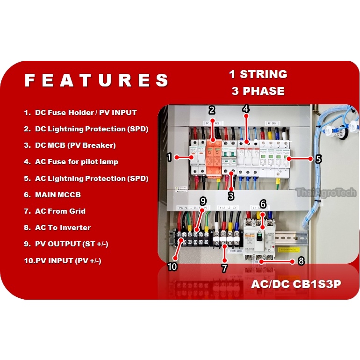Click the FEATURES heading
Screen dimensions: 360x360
(x=96, y=80)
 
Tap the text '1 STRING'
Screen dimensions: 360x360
(x=258, y=74)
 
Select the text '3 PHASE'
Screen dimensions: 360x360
(x=258, y=91)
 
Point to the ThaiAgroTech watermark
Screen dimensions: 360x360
(x=326, y=193)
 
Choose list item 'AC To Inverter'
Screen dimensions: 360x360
(x=63, y=228)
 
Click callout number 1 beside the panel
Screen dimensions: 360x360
(x=170, y=158)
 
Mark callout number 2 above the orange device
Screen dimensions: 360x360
(x=212, y=110)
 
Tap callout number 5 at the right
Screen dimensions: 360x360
(x=318, y=159)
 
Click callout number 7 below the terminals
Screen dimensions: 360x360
(x=224, y=268)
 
